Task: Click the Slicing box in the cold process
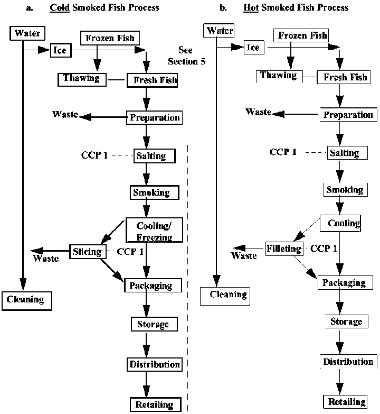[86, 252]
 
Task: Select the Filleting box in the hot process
[284, 249]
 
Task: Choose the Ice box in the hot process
[254, 48]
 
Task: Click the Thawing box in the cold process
[81, 79]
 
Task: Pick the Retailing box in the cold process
[152, 404]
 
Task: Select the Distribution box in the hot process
[348, 362]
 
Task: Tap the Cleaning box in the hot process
[224, 295]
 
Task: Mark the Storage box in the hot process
[346, 321]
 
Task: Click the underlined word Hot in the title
[251, 8]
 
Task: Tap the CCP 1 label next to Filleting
[325, 248]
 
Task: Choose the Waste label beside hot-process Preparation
[258, 112]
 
